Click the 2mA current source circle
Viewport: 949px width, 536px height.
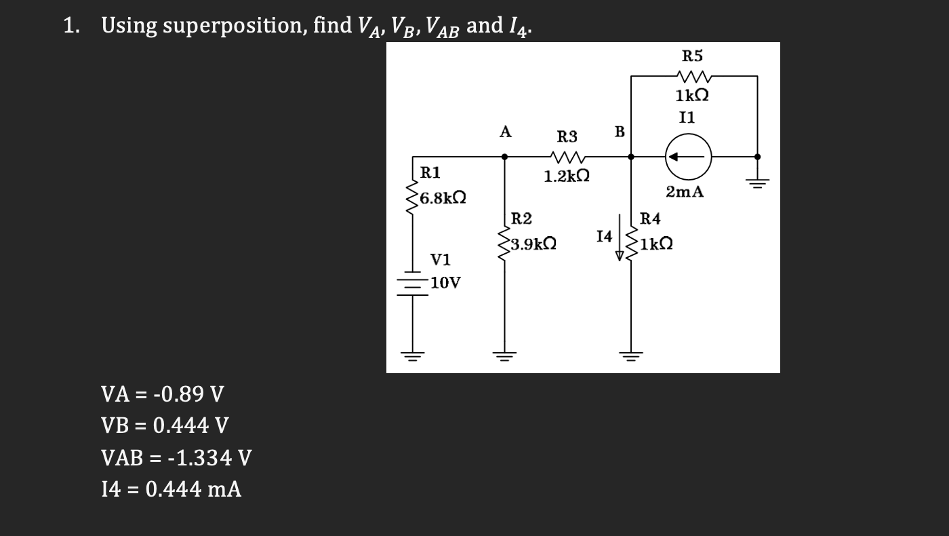[688, 156]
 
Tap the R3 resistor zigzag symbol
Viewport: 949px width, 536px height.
[566, 157]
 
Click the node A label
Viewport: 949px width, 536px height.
[504, 132]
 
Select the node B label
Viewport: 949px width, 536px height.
[618, 131]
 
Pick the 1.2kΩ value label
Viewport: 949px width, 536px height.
[566, 177]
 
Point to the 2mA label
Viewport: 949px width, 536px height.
[685, 193]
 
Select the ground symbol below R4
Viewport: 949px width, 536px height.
[631, 356]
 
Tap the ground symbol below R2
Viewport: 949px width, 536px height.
[504, 356]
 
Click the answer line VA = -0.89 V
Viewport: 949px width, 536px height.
[162, 394]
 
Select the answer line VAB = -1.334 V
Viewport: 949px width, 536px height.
[176, 458]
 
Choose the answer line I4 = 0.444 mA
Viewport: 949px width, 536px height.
[171, 489]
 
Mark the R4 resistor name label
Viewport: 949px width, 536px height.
[650, 218]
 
